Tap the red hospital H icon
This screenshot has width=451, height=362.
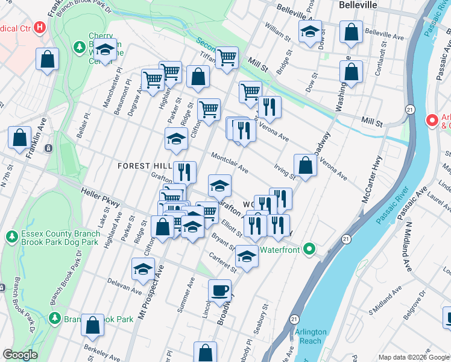(40, 27)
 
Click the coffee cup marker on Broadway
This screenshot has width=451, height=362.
(219, 291)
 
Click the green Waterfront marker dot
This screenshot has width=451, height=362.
(309, 248)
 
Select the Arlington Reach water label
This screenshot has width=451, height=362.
(311, 336)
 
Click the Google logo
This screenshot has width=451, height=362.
(20, 355)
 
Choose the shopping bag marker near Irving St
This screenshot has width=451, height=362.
(306, 165)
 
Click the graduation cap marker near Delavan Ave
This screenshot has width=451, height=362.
(143, 269)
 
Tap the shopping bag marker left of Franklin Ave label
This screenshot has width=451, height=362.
(20, 137)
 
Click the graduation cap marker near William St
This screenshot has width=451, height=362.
(310, 32)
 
